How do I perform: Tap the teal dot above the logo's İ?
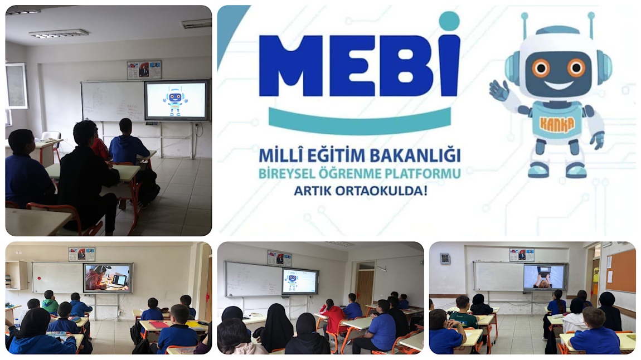click(449, 21)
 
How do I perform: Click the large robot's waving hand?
click(499, 90)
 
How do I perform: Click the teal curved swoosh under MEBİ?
click(360, 123)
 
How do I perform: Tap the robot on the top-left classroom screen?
click(176, 100)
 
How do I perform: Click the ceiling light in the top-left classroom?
click(59, 33)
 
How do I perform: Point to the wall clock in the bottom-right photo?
click(445, 259)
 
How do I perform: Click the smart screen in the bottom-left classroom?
click(108, 278)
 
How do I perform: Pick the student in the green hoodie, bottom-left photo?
click(50, 303)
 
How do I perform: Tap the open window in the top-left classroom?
click(16, 86)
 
